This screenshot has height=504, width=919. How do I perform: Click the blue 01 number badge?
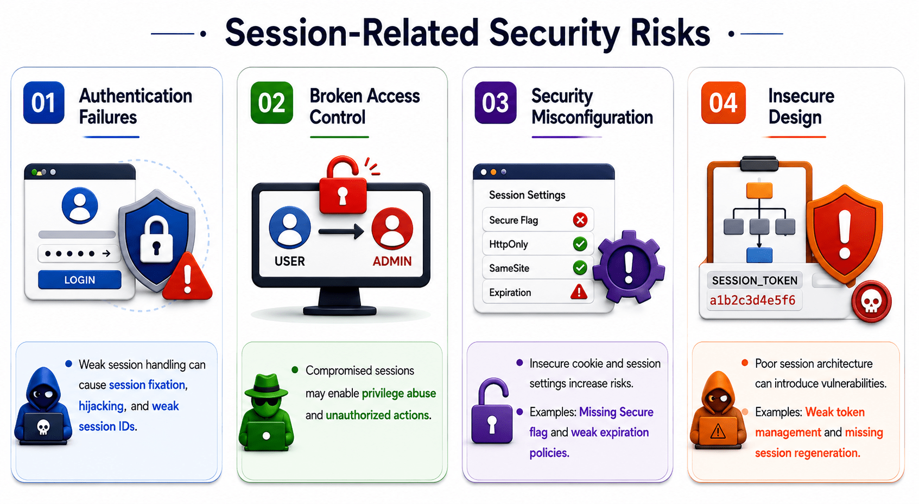(x=43, y=103)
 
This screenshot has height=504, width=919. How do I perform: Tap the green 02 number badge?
(x=271, y=103)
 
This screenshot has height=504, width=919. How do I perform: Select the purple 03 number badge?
(x=495, y=103)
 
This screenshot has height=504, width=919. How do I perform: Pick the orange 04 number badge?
(x=723, y=103)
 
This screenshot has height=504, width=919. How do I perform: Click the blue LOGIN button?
(x=80, y=280)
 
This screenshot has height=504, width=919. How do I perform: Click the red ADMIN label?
(x=392, y=261)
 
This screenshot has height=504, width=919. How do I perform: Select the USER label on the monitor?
(x=290, y=261)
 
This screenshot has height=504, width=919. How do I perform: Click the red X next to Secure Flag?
(x=580, y=220)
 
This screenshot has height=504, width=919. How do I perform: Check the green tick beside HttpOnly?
(x=580, y=244)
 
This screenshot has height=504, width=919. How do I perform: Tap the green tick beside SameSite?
(x=580, y=268)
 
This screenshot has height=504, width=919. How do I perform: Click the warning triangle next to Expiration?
(x=579, y=291)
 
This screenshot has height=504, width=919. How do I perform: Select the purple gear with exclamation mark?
(x=629, y=266)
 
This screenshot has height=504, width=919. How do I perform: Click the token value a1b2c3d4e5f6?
(x=752, y=300)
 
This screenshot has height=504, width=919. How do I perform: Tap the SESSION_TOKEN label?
(x=755, y=280)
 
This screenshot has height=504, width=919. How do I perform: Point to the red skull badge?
(x=871, y=302)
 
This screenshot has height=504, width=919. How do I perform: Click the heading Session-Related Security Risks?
(x=467, y=33)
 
